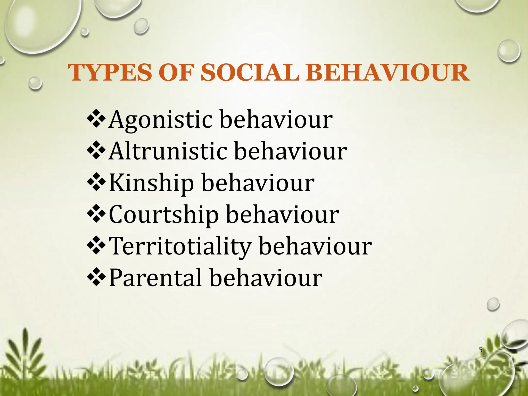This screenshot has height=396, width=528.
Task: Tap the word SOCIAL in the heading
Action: [250, 73]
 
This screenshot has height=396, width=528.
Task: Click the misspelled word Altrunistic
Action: [168, 151]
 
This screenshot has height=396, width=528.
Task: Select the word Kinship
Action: [151, 183]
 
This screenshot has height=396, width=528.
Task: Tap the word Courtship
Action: [164, 215]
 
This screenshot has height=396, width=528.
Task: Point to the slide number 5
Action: [481, 350]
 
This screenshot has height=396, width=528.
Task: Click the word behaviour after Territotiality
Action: [315, 246]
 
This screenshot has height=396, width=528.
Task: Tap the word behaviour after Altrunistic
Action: [291, 151]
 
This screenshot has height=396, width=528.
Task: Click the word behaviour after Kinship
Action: [258, 183]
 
